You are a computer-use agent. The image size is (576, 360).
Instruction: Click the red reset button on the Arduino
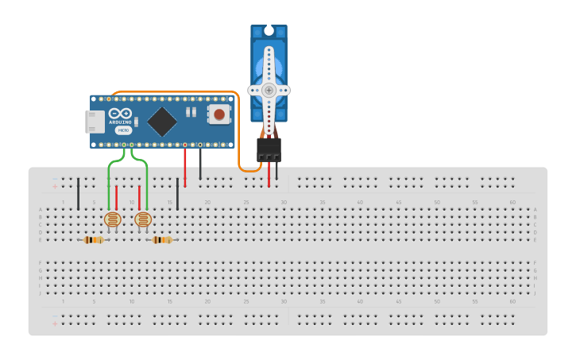218,114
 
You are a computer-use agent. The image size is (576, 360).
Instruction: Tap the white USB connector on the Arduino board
95,122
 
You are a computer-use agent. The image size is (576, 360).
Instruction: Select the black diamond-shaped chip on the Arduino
162,122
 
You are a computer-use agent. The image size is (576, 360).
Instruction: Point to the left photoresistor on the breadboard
112,219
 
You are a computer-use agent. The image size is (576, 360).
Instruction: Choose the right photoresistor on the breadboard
143,219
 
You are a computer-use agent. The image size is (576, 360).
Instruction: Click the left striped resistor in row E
94,239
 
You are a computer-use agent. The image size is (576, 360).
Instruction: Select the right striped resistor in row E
162,239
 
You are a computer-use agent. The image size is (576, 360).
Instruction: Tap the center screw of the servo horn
269,91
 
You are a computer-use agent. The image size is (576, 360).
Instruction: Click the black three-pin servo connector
269,149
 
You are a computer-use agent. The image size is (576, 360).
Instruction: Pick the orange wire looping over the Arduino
175,91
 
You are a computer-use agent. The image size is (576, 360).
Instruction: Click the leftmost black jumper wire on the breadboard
78,194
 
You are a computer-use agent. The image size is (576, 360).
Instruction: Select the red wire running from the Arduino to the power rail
185,167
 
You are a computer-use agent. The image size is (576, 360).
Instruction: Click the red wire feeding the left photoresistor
117,197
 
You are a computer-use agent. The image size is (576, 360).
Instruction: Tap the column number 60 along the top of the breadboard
512,203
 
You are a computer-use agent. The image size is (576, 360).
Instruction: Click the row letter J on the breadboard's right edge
535,293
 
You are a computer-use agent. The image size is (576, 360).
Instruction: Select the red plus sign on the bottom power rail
55,323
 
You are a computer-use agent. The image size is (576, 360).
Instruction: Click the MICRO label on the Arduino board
124,130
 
